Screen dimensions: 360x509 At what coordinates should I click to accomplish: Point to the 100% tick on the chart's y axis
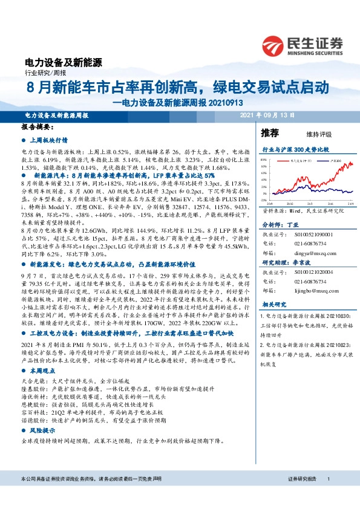(x=266, y=162)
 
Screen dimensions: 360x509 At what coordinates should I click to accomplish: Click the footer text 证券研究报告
(x=303, y=496)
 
